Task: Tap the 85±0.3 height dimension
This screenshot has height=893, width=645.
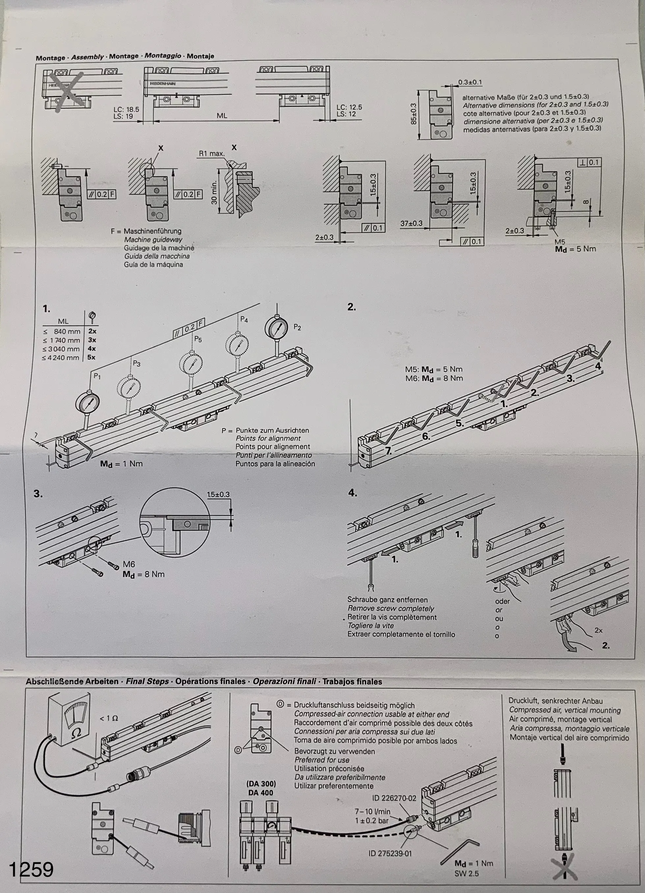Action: (x=413, y=114)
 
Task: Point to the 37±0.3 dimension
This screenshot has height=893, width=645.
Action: (x=411, y=223)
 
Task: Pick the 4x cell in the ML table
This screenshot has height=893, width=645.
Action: (x=92, y=349)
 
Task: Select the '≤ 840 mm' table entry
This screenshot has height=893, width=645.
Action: (x=62, y=331)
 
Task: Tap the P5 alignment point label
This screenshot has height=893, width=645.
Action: (x=198, y=339)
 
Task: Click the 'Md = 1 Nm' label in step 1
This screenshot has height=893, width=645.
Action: (x=121, y=464)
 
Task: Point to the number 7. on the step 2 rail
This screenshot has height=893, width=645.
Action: (x=388, y=452)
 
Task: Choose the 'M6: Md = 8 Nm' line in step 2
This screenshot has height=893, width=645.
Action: (x=434, y=379)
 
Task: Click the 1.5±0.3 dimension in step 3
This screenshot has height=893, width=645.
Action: (x=218, y=494)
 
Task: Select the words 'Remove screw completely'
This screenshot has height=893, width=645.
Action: (x=390, y=608)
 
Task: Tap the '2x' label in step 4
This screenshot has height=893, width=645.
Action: (x=598, y=630)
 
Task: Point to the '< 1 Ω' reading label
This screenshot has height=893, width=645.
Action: (x=109, y=718)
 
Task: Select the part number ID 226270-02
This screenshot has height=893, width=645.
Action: (x=394, y=799)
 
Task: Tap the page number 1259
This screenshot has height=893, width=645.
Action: (x=31, y=869)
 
